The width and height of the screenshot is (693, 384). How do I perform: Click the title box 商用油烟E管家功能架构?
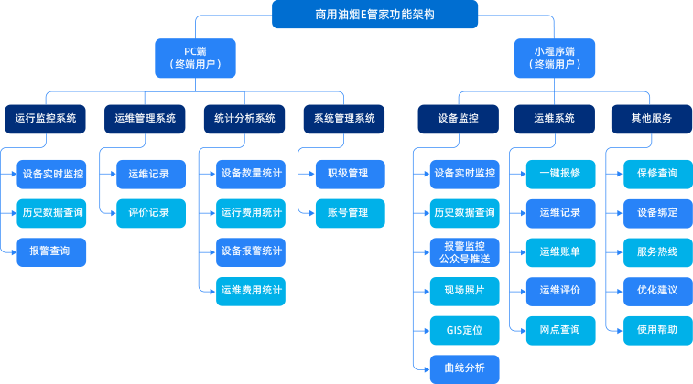pyautogui.click(x=374, y=15)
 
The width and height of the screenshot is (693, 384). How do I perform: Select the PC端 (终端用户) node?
pyautogui.click(x=195, y=58)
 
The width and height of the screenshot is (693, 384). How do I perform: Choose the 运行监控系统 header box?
pyautogui.click(x=46, y=118)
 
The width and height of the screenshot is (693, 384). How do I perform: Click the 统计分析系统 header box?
pyautogui.click(x=244, y=118)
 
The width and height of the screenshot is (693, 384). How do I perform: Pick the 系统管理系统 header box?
pyautogui.click(x=344, y=118)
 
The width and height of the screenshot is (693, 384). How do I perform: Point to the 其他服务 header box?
pyautogui.click(x=652, y=118)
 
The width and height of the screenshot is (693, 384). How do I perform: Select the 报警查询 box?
pyautogui.click(x=52, y=251)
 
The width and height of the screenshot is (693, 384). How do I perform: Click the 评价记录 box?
pyautogui.click(x=149, y=213)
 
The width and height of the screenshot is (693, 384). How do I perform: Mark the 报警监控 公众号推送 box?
pyautogui.click(x=465, y=251)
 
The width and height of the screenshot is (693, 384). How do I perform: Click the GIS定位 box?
pyautogui.click(x=465, y=329)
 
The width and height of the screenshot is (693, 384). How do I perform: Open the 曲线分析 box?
pyautogui.click(x=465, y=368)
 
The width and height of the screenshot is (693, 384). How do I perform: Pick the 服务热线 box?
pyautogui.click(x=657, y=251)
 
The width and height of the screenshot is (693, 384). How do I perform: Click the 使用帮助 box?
pyautogui.click(x=657, y=329)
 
